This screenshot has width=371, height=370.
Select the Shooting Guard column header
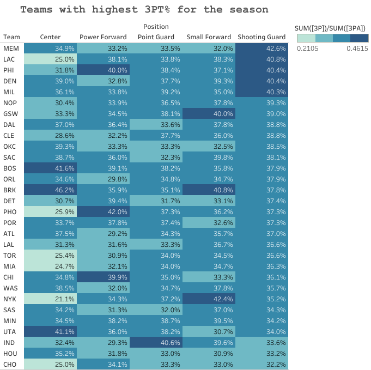click(261, 37)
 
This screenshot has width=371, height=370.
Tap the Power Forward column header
click(103, 37)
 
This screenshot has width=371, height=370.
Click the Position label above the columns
click(156, 27)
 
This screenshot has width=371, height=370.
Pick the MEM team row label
click(10, 48)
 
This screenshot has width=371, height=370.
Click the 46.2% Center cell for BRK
click(50, 190)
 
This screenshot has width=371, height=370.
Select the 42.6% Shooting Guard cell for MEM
click(261, 48)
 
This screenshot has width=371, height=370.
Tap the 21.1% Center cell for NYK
click(50, 299)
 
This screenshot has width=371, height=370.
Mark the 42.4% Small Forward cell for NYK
click(209, 299)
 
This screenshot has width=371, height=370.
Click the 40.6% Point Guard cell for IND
click(156, 342)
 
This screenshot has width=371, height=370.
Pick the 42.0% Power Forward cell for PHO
click(103, 211)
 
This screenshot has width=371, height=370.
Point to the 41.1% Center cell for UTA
click(50, 331)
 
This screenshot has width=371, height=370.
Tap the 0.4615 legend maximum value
click(357, 48)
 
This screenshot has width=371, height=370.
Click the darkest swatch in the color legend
click(359, 38)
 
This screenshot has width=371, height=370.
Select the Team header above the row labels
click(11, 37)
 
